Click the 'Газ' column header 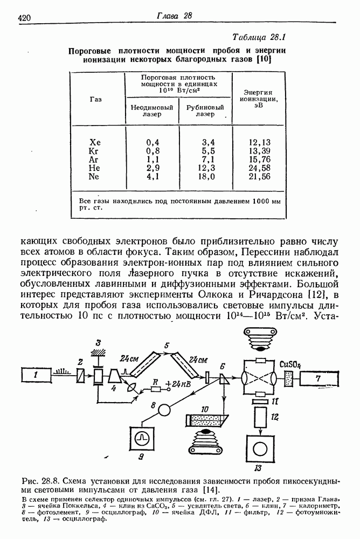[x=96, y=99]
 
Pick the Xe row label [x=95, y=142]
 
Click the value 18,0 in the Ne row [x=208, y=176]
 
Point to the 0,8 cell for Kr [x=153, y=151]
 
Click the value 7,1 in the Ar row [x=208, y=160]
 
